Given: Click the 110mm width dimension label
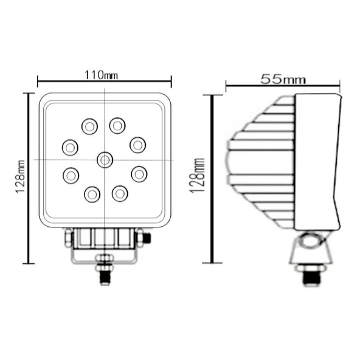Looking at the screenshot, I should (x=101, y=75).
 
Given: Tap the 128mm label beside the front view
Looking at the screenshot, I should (x=21, y=176).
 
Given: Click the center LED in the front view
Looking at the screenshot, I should (x=105, y=159).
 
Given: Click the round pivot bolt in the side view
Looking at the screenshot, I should (x=311, y=242).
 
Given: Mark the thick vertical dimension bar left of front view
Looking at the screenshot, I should (x=27, y=178).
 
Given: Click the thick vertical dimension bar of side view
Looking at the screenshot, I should (x=212, y=179).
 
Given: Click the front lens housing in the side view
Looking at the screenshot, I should (x=316, y=163).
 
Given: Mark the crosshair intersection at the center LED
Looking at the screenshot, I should (x=105, y=159).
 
